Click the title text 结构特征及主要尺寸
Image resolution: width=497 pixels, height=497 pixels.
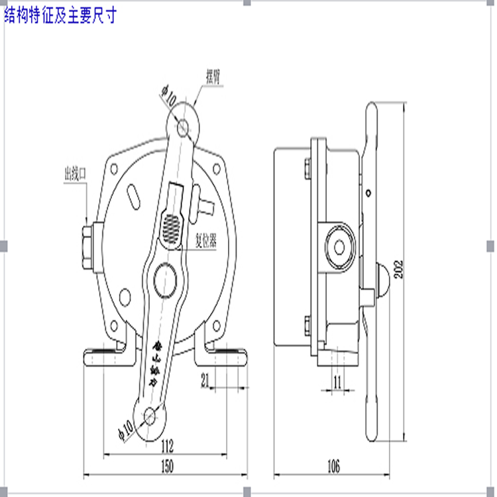[60, 15]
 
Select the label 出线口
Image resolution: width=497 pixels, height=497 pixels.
[75, 174]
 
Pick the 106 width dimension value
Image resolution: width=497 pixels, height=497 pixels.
[333, 467]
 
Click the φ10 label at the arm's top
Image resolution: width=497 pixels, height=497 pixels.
[168, 98]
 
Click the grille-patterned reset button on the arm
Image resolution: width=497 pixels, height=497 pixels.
[172, 227]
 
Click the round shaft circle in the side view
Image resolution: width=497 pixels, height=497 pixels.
[340, 247]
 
